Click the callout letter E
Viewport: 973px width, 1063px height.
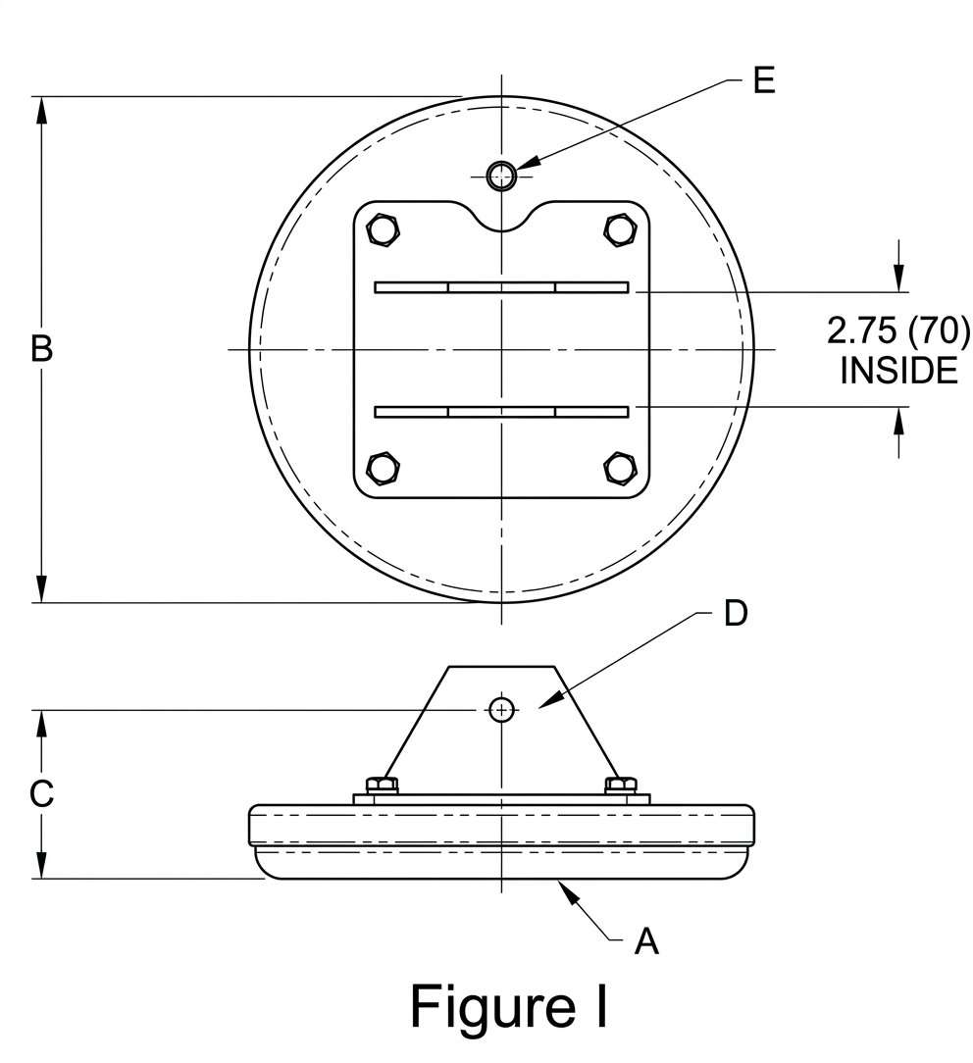coord(763,80)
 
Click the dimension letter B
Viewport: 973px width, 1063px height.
coord(41,349)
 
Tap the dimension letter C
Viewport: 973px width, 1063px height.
coord(41,793)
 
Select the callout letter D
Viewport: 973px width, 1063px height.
coord(735,613)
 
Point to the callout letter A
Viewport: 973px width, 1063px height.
coord(646,941)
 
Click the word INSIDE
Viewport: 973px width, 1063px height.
coord(898,370)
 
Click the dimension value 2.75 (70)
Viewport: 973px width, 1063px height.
coord(898,330)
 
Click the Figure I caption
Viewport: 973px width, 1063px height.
coord(508,1007)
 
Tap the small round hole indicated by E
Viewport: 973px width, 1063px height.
coord(502,177)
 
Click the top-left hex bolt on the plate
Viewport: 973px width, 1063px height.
coord(384,230)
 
